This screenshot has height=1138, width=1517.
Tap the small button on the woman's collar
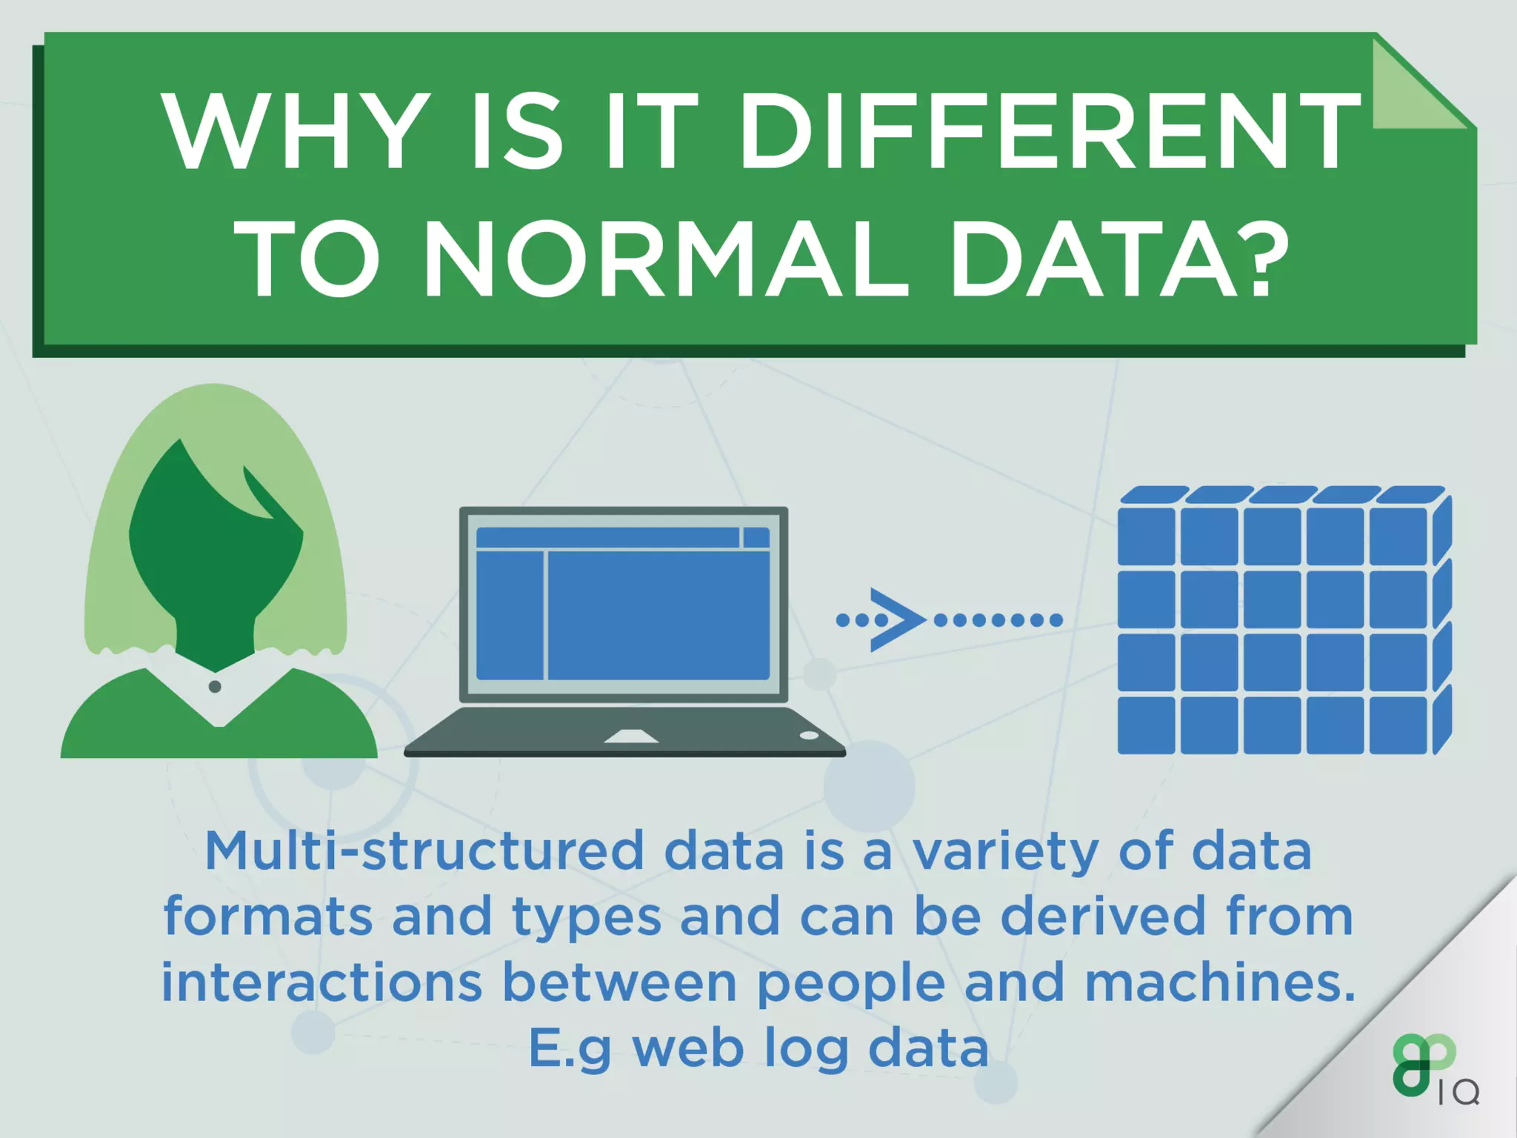[215, 687]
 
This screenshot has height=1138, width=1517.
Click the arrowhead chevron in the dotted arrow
[895, 620]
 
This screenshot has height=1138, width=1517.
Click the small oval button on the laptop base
[809, 736]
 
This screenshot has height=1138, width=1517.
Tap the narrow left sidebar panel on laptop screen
[510, 615]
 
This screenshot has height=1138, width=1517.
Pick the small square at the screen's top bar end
[756, 537]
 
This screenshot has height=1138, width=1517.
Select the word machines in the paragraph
[1219, 983]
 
